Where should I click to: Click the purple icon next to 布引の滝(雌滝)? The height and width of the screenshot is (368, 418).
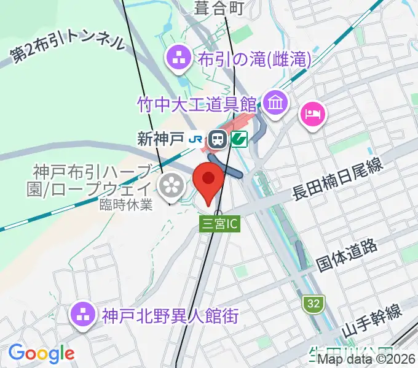click(x=180, y=58)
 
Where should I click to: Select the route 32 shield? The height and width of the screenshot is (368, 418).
click(x=313, y=302)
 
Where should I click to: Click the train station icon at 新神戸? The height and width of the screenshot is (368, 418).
click(x=217, y=140)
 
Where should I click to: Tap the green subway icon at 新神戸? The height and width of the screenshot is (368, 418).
click(x=239, y=140)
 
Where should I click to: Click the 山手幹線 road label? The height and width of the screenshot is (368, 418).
click(x=371, y=323)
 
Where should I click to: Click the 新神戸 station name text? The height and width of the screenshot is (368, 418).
click(x=160, y=139)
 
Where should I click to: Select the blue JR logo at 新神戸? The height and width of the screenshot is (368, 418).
click(x=195, y=140)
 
